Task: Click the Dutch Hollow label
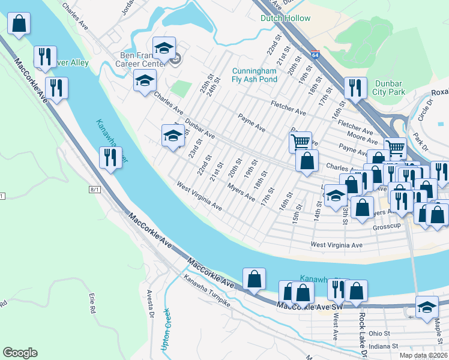pos(285,18)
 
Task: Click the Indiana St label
pos(384,346)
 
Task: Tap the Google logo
pos(20,353)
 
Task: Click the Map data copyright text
pos(424,355)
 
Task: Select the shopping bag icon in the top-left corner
pos(19,25)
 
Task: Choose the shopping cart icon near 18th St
pos(300,142)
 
